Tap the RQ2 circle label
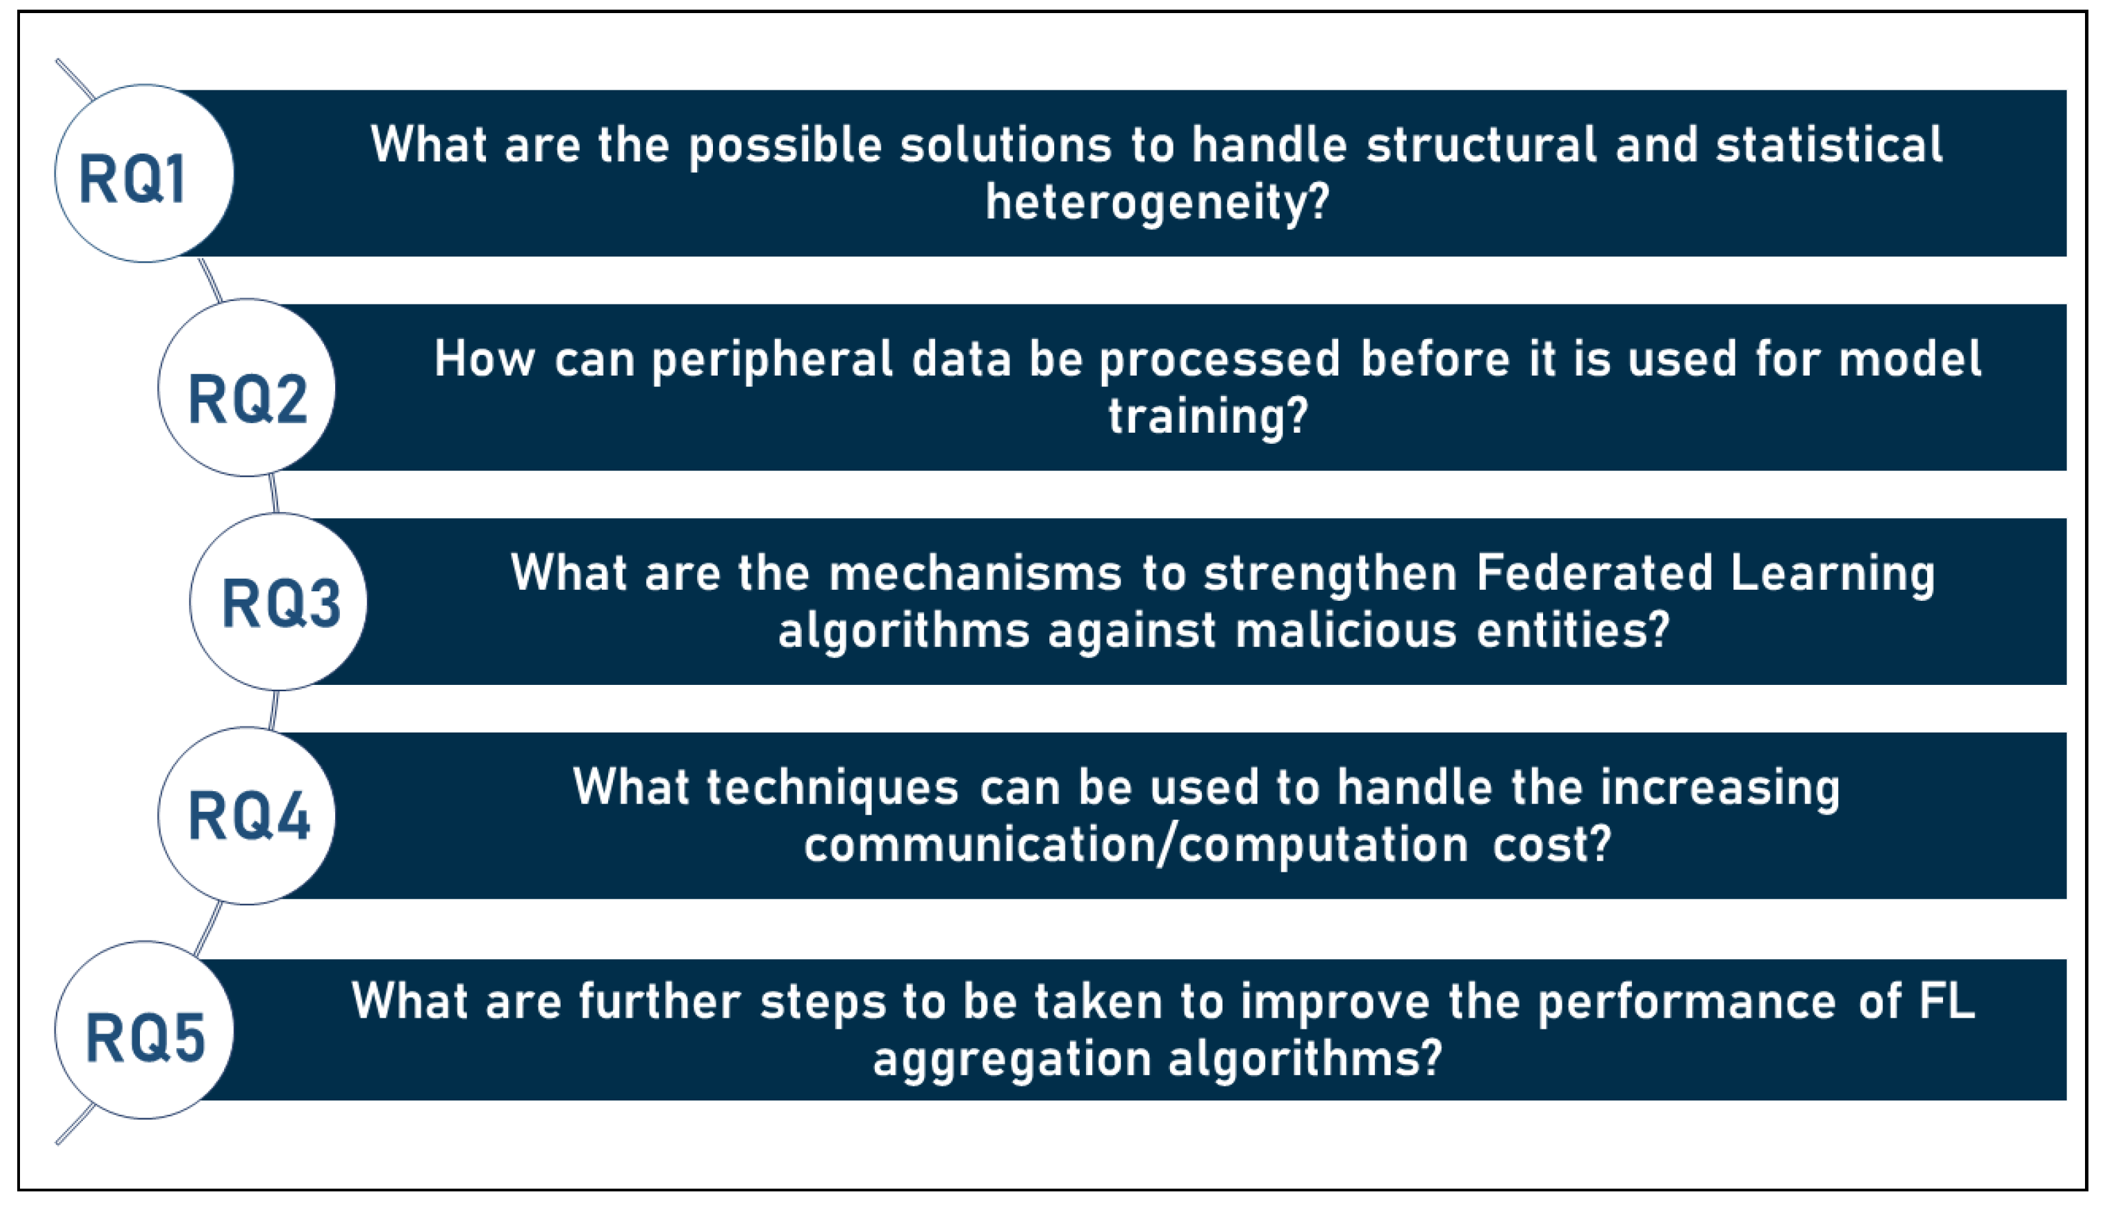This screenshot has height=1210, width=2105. [248, 399]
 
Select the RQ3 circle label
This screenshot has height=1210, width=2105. [281, 604]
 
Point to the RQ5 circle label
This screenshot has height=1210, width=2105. [145, 1037]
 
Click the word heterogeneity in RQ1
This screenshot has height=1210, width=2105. [1156, 203]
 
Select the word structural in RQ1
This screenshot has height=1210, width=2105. [1482, 145]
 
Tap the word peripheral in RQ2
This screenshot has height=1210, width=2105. [772, 360]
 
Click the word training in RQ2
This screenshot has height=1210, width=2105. [1208, 416]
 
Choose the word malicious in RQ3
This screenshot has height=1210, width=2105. [1345, 630]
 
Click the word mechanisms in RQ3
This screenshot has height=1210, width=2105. [975, 573]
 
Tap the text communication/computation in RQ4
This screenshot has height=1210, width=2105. [1136, 844]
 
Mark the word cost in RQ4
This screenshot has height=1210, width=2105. [1551, 844]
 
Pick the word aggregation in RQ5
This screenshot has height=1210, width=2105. [1011, 1058]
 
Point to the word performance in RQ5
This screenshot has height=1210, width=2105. [1686, 1001]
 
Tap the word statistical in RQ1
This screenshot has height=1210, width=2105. [1829, 145]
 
